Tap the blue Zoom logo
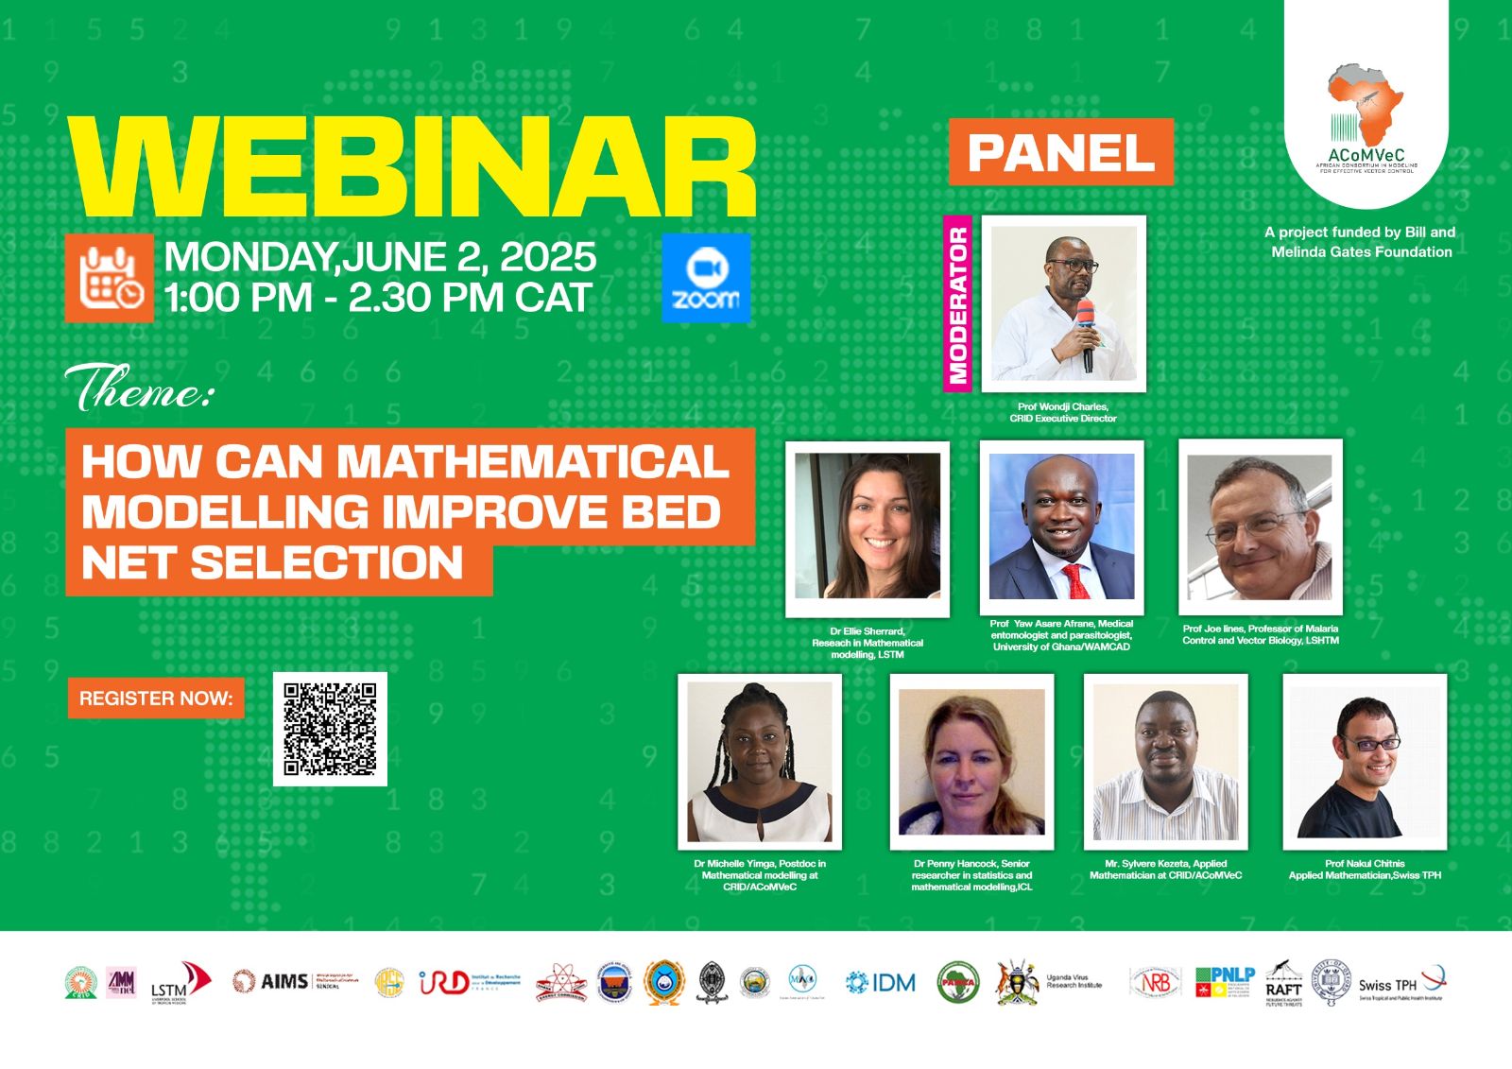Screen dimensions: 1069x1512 [x=705, y=279]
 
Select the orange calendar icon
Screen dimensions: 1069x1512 [x=110, y=278]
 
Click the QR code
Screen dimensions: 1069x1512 [x=330, y=729]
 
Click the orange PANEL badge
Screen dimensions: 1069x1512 [x=1060, y=152]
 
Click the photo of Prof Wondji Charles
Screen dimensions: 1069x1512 [x=1064, y=302]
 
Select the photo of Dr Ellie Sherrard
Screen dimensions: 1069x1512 [x=868, y=526]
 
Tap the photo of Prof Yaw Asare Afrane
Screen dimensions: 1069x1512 [x=1061, y=526]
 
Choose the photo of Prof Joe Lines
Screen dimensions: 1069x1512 [x=1260, y=526]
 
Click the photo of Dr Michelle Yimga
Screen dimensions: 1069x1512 [x=759, y=762]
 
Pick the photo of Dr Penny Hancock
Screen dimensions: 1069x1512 [x=971, y=762]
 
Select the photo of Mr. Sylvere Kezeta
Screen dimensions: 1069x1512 [x=1165, y=762]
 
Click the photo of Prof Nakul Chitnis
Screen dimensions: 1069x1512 [x=1365, y=762]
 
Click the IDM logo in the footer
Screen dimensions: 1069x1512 [x=881, y=983]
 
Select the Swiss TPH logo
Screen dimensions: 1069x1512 [x=1400, y=985]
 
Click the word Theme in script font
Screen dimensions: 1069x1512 [x=140, y=388]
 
